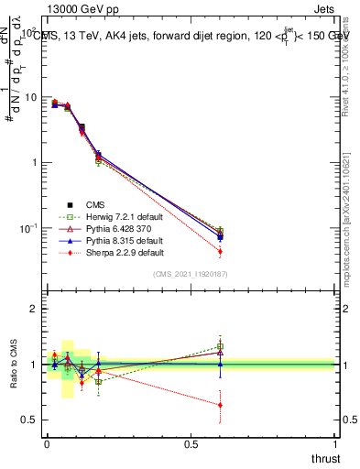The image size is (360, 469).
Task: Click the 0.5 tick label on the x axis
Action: tap(191, 443)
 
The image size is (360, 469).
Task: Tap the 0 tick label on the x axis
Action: tap(47, 443)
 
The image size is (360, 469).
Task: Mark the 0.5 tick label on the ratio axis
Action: tap(28, 420)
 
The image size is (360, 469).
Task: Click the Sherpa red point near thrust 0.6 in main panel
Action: tap(220, 251)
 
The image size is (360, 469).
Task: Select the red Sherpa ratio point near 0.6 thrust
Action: tap(220, 405)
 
